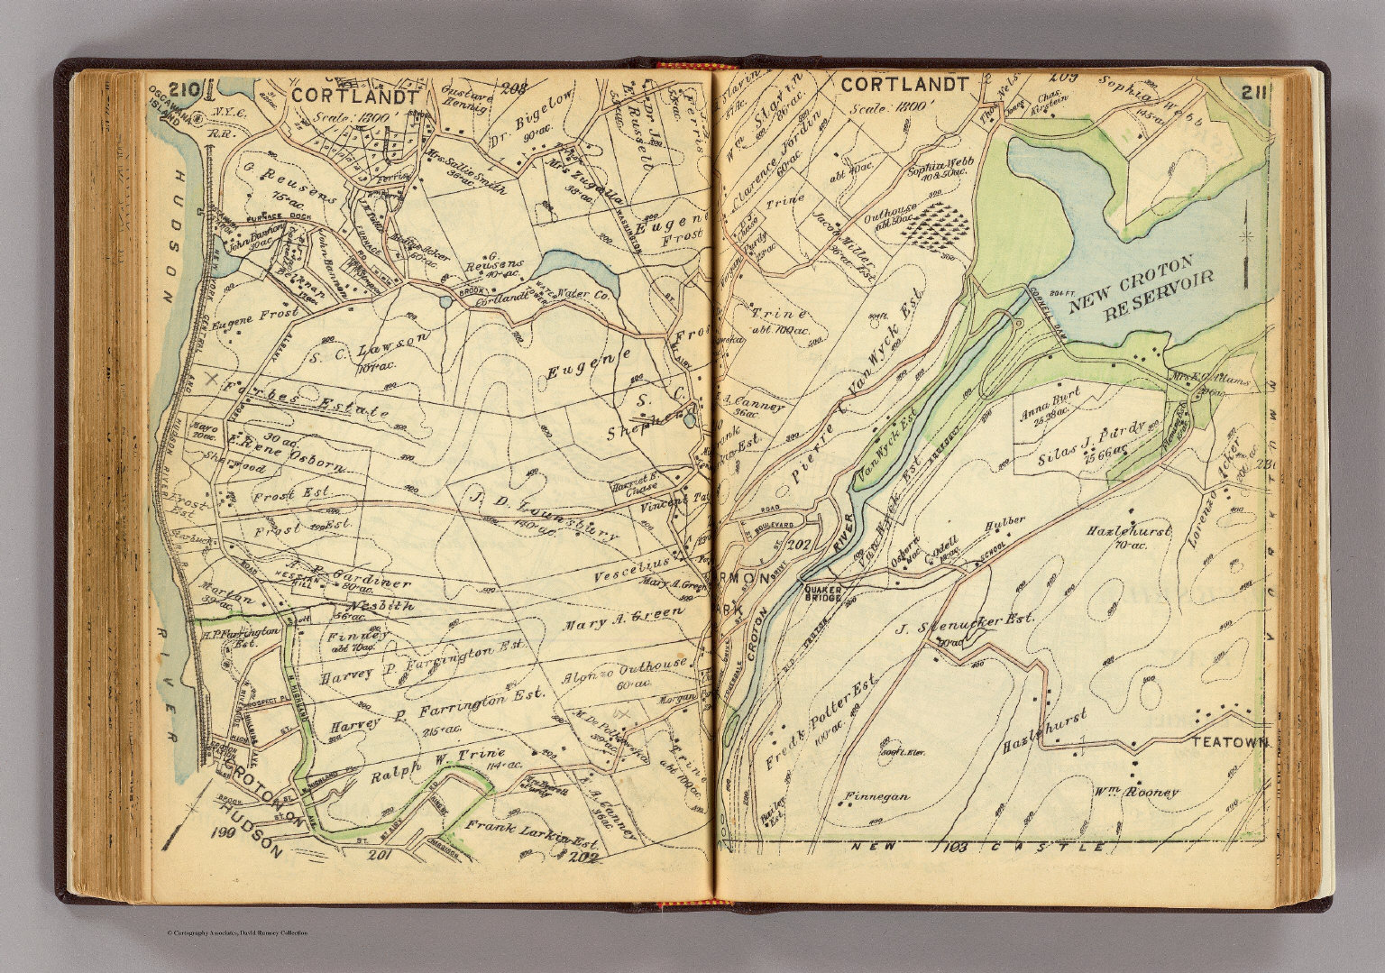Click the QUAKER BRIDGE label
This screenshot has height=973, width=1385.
pos(821,587)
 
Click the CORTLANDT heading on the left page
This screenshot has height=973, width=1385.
pos(353,96)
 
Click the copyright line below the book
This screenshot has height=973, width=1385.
pos(237,932)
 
